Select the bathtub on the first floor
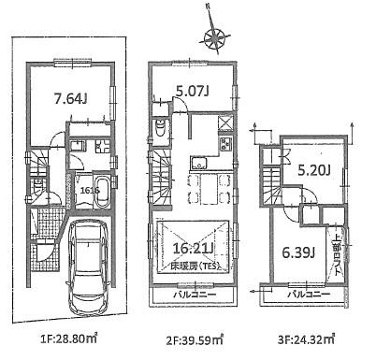click(x=92, y=187)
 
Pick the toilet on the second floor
click(x=163, y=130)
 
